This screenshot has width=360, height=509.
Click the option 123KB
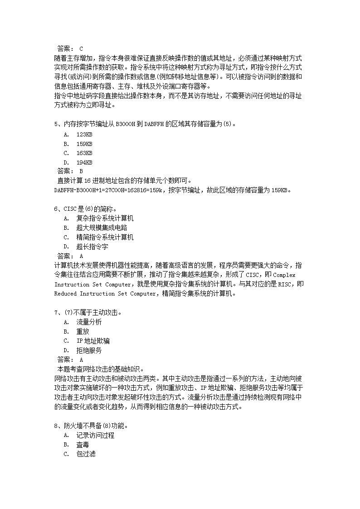84,134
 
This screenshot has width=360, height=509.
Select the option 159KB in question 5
84,144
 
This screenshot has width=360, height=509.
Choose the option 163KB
84,153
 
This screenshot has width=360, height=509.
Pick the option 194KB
84,162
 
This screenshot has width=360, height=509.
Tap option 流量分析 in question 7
89,322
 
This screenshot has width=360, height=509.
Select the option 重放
83,331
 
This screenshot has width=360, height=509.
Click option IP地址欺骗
93,340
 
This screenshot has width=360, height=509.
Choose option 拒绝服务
89,350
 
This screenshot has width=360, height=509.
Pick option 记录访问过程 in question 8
95,435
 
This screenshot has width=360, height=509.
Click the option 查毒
83,445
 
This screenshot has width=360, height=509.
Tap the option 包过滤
86,454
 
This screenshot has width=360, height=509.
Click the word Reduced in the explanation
65,294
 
